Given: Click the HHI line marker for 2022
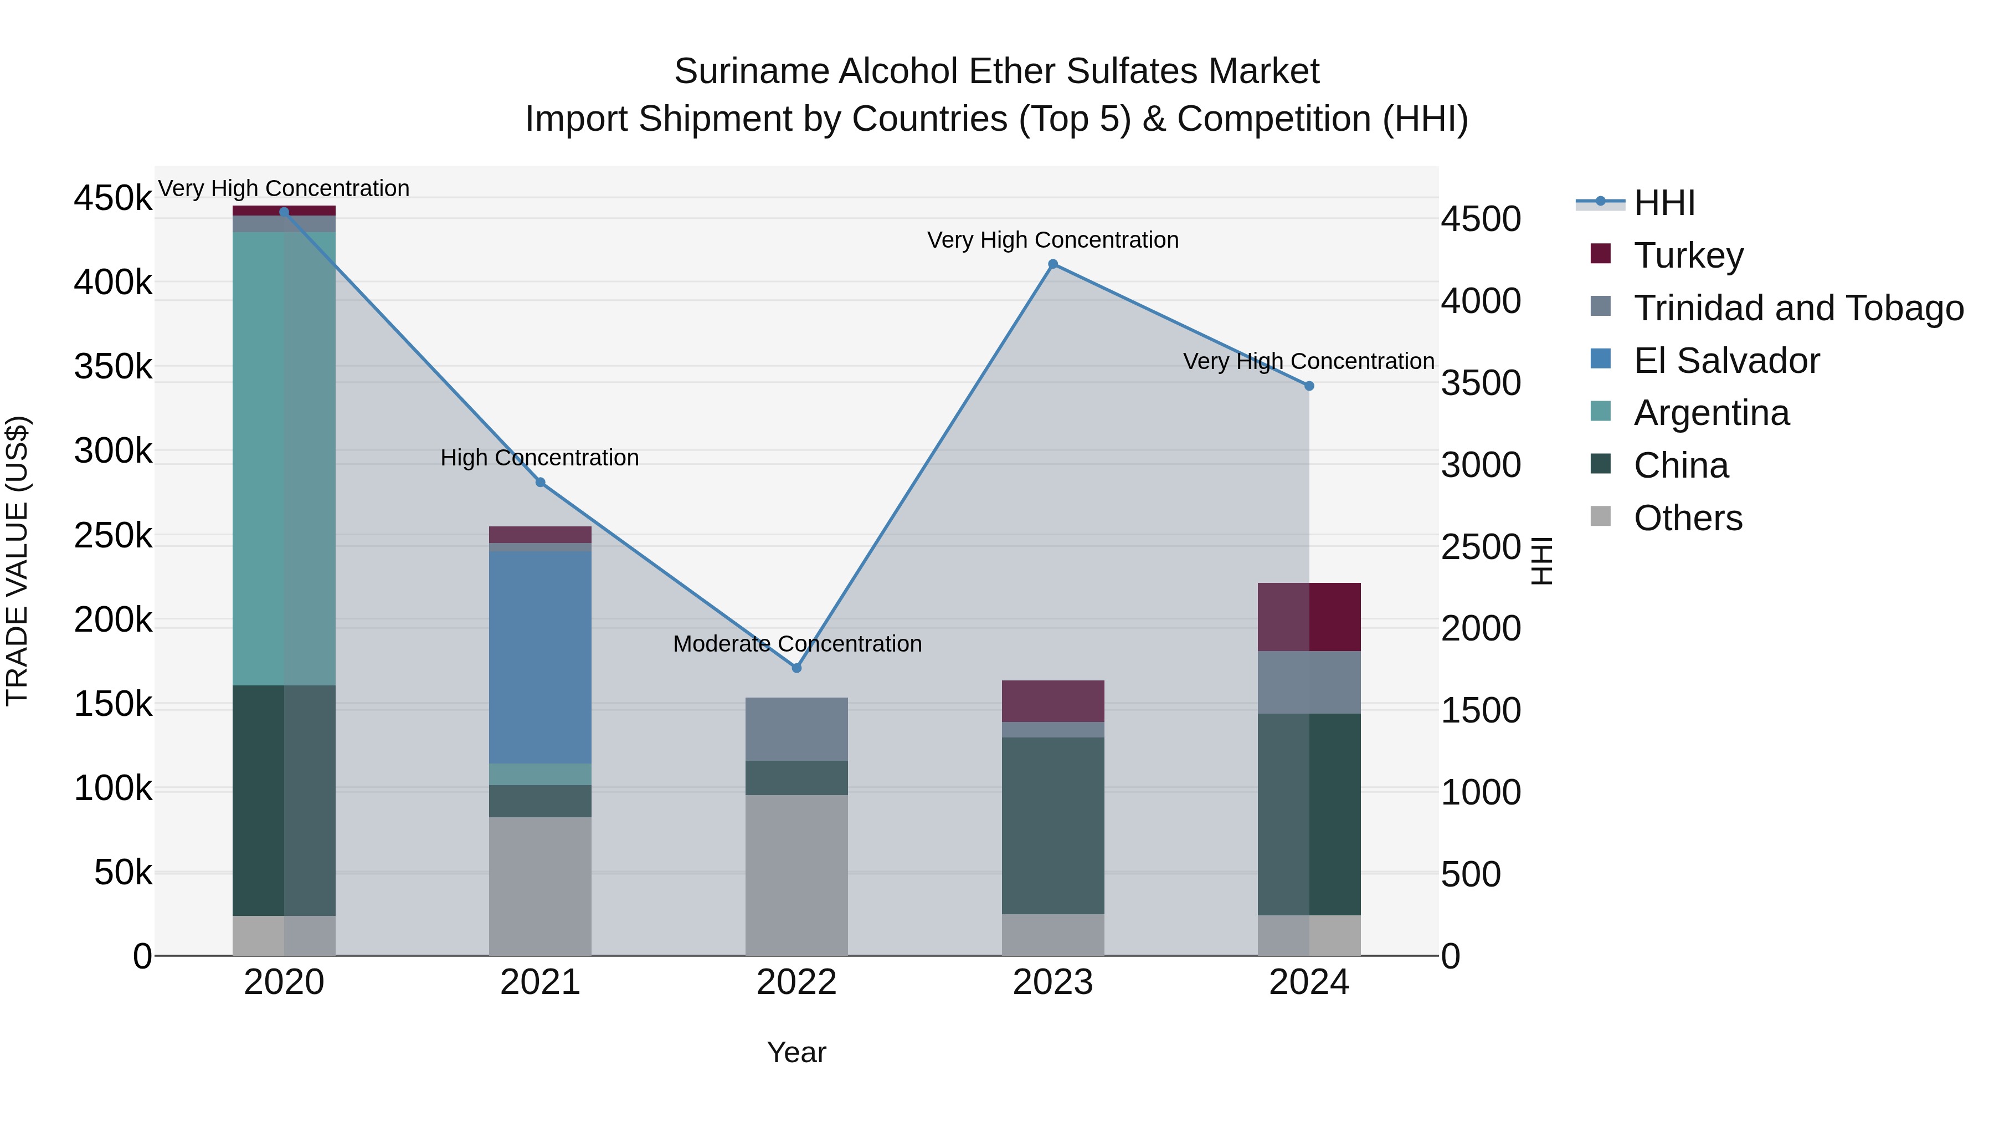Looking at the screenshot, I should pos(796,668).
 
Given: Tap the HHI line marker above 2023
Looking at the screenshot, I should pos(1053,264).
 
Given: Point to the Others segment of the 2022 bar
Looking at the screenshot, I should pos(796,875).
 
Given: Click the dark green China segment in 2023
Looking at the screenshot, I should pos(1053,826).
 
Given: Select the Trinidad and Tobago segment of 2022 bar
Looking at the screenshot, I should pos(796,729).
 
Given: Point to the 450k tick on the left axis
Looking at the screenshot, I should pos(113,198).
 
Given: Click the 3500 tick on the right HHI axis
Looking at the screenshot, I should pos(1481,383).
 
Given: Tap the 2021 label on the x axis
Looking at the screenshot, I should pos(539,982).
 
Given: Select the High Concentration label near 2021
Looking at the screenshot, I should pos(539,458).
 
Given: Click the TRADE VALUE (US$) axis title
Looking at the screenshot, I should pos(18,561).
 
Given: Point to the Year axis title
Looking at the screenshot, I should pos(796,1052).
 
